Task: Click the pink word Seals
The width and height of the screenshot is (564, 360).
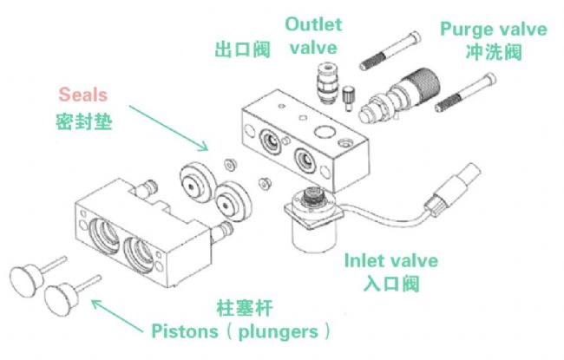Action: [83, 95]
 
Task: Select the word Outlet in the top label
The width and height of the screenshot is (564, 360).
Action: [314, 24]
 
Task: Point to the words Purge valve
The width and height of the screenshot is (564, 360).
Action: [494, 29]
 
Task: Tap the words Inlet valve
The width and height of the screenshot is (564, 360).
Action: [391, 260]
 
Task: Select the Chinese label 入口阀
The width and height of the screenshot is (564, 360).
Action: [391, 284]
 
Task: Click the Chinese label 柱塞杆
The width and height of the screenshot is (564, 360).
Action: [244, 308]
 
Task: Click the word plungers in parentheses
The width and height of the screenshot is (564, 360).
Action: [281, 331]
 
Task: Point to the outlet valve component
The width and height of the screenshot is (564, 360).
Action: [325, 82]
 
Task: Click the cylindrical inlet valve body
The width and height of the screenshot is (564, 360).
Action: [311, 220]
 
